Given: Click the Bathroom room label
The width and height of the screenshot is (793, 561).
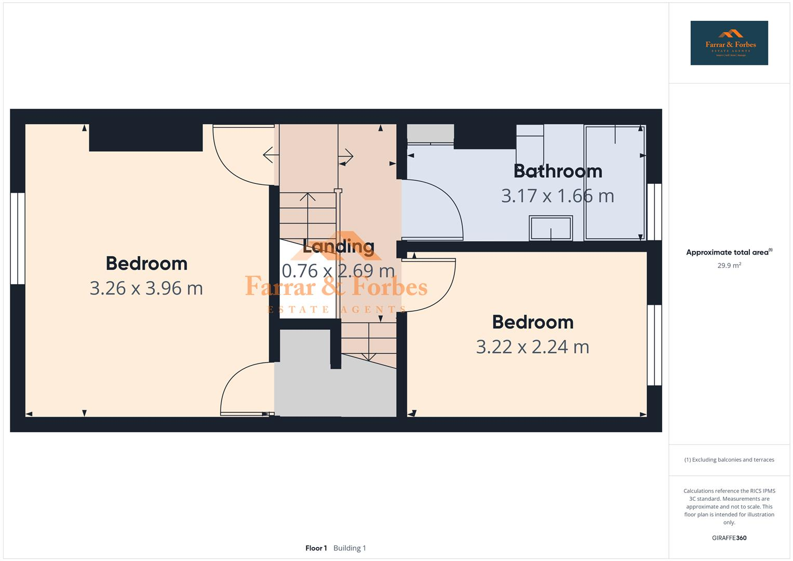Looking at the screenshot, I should [x=558, y=171].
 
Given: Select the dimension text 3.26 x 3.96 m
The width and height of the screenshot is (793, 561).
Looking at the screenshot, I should [x=146, y=288].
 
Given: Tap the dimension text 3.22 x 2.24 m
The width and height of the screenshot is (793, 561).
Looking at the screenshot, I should [x=532, y=347].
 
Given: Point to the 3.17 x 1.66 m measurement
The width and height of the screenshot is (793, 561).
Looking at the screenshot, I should [x=557, y=196].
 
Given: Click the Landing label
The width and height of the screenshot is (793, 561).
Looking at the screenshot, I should [x=338, y=246].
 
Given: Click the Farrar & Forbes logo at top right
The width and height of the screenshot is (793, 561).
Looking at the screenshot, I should [x=729, y=43].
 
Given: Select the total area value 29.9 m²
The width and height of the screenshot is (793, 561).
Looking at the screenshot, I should [x=729, y=265].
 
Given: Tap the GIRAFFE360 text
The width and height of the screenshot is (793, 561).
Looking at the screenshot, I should [x=729, y=538].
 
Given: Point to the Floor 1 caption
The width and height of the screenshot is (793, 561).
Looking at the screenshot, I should [x=316, y=548].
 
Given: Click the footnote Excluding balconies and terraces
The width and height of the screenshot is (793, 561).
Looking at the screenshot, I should [x=729, y=460].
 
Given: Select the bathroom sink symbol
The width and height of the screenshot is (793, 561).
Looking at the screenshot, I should [x=550, y=228].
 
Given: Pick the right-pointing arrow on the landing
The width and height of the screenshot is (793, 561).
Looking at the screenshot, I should [x=346, y=155].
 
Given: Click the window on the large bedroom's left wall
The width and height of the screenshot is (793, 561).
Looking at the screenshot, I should [x=18, y=238].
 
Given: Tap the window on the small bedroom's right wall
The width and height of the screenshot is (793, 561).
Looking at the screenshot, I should [x=654, y=345].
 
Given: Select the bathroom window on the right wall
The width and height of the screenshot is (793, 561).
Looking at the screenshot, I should [x=654, y=212].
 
